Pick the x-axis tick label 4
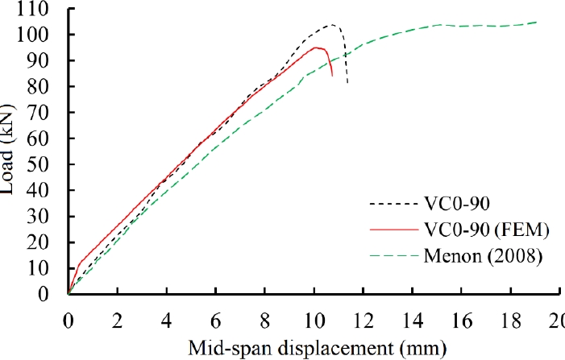pos(167,318)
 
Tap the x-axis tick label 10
pos(314,318)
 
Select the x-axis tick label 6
pos(216,318)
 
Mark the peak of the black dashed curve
pos(331,24)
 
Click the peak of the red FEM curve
pos(316,48)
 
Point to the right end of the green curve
pos(537,23)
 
